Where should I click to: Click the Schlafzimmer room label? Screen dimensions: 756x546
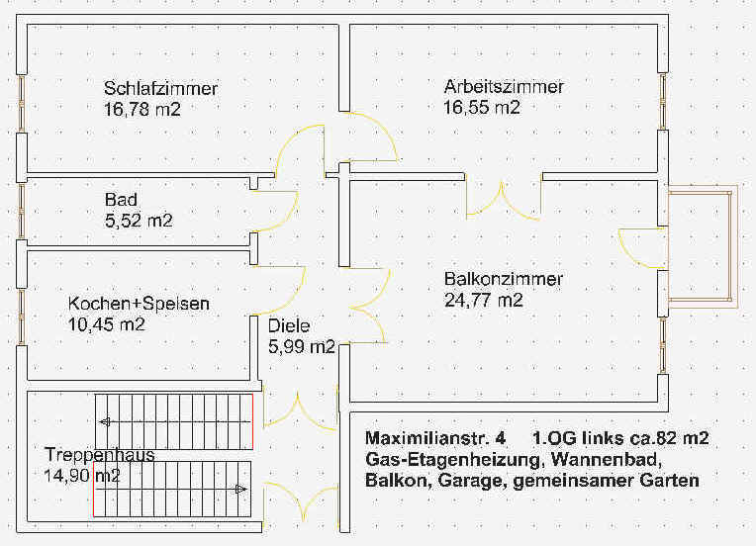tap(160, 89)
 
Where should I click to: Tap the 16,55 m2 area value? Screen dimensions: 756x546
tap(482, 107)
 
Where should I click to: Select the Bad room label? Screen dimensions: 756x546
tap(121, 200)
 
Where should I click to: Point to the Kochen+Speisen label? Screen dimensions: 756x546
tap(139, 304)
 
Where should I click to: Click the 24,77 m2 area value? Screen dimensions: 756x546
tap(484, 301)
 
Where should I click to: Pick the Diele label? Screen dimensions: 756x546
tap(289, 326)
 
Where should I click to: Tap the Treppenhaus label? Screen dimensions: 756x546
tap(99, 455)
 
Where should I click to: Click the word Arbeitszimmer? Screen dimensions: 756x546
tap(504, 87)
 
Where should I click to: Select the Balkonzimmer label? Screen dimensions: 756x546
tap(504, 279)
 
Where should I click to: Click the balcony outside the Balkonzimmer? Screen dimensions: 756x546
tap(702, 246)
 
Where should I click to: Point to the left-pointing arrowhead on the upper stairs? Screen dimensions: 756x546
tap(105, 422)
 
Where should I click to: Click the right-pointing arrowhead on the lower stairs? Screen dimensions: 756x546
tap(241, 490)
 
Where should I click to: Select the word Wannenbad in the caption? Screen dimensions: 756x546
tap(605, 459)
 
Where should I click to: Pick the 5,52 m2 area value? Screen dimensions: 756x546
tap(139, 221)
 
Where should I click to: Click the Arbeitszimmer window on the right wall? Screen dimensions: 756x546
tap(663, 101)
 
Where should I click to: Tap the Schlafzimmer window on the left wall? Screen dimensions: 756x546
tap(22, 103)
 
